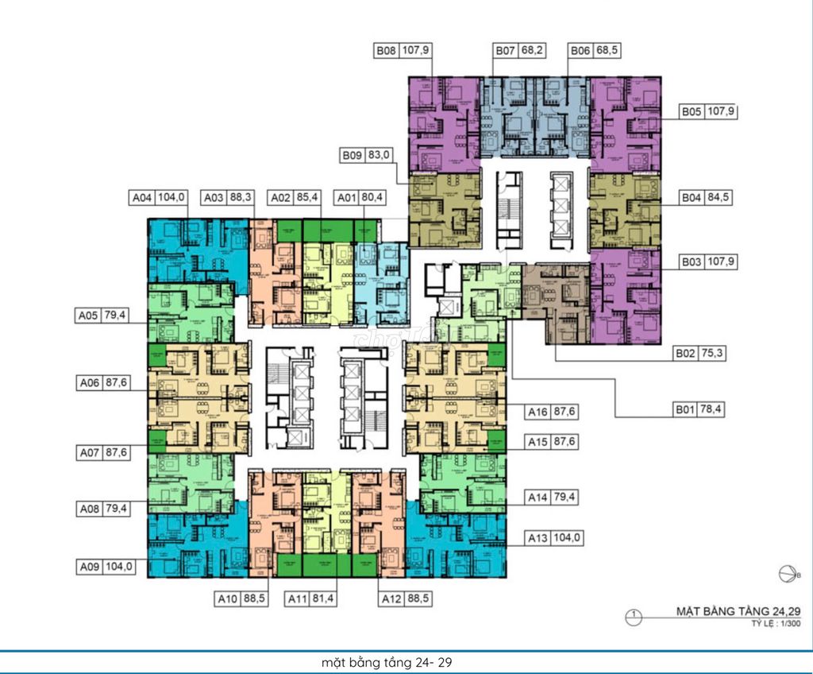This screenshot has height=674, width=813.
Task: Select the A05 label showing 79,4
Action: tap(102, 316)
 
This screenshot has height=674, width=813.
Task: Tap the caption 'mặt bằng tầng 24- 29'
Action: tap(388, 661)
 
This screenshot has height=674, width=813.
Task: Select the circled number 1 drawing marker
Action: tap(634, 614)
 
